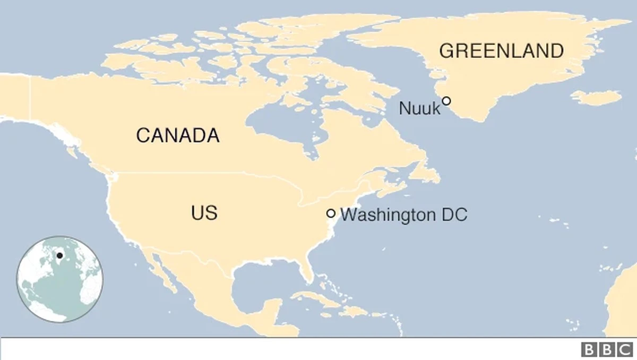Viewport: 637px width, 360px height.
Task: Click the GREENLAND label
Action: click(x=501, y=51)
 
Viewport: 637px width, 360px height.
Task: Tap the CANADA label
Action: click(x=177, y=135)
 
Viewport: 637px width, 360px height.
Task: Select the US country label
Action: click(x=204, y=213)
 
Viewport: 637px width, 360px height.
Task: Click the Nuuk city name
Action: click(x=419, y=109)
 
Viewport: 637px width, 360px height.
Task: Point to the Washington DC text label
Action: click(x=403, y=215)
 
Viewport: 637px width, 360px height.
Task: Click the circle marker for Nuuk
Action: click(x=446, y=100)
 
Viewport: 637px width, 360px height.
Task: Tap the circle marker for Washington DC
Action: click(x=331, y=213)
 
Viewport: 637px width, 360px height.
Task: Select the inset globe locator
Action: click(x=59, y=279)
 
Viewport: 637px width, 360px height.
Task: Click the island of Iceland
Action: click(x=598, y=98)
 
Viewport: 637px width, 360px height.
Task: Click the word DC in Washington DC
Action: click(x=455, y=215)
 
